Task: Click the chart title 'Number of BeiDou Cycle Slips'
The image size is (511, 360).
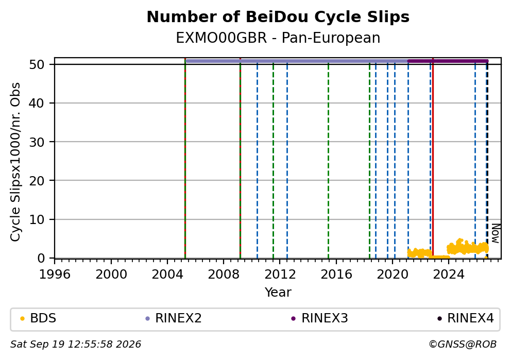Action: pyautogui.click(x=278, y=17)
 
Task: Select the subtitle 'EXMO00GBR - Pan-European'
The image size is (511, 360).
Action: pyautogui.click(x=278, y=38)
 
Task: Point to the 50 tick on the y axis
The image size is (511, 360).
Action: pyautogui.click(x=37, y=64)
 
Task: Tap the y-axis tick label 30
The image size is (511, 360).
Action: pyautogui.click(x=37, y=142)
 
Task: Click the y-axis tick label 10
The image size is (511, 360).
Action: pyautogui.click(x=37, y=219)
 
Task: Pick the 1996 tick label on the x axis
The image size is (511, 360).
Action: pyautogui.click(x=55, y=275)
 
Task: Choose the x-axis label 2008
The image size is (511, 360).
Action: pyautogui.click(x=224, y=275)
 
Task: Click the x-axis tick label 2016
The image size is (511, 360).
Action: pyautogui.click(x=336, y=275)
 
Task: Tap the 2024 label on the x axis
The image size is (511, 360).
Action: pyautogui.click(x=449, y=275)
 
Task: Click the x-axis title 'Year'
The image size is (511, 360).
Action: pyautogui.click(x=278, y=292)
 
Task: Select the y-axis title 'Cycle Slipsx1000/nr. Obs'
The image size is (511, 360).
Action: pyautogui.click(x=15, y=162)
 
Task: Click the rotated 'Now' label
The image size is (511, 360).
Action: pyautogui.click(x=496, y=233)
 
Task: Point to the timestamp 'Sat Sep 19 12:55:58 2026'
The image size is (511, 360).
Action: pyautogui.click(x=76, y=345)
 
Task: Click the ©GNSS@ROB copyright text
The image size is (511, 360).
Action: pyautogui.click(x=463, y=345)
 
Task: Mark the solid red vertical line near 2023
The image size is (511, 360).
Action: pyautogui.click(x=433, y=158)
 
